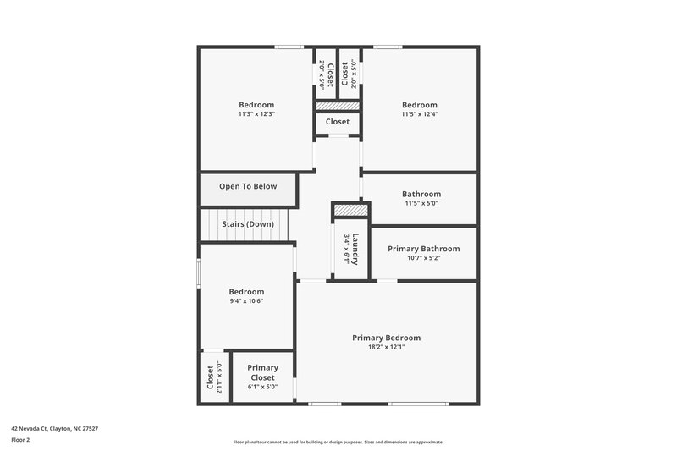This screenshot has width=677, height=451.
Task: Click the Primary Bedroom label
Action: tap(386, 338)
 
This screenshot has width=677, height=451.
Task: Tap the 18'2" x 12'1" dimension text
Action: tap(386, 347)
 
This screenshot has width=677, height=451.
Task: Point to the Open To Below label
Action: tap(247, 186)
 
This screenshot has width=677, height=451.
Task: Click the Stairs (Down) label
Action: tap(247, 224)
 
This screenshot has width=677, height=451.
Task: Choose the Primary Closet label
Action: tap(262, 372)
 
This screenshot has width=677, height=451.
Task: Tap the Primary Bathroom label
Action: tap(423, 249)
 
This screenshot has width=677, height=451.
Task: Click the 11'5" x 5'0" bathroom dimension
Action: tap(421, 203)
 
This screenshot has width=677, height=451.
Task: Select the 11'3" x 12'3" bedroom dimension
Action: tap(256, 114)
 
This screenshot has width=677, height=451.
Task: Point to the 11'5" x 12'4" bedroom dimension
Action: tap(419, 114)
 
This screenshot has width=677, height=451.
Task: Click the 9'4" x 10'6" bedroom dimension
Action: tap(246, 300)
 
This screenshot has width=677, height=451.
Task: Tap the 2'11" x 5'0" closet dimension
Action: tap(219, 377)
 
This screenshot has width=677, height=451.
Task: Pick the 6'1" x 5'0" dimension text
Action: tap(262, 387)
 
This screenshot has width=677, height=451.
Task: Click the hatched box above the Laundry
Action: tap(350, 209)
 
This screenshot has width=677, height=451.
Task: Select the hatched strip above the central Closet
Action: tap(338, 106)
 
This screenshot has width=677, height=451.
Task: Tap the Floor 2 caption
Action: tap(21, 440)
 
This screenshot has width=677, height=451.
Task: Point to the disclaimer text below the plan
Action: tap(338, 442)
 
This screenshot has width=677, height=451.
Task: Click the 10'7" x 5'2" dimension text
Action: tap(423, 258)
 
